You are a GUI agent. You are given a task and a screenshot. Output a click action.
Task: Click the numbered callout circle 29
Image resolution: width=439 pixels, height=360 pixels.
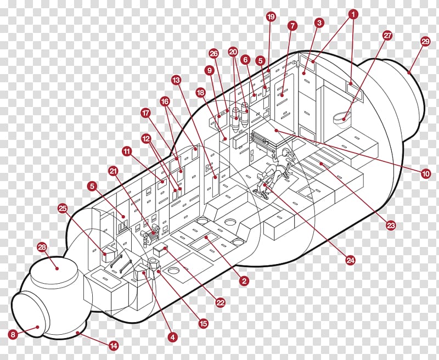click(425, 42)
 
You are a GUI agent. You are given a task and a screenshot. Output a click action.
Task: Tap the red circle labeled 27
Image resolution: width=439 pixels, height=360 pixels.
click(388, 36)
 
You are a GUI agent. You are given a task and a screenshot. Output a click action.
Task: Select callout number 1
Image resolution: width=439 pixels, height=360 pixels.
click(353, 14)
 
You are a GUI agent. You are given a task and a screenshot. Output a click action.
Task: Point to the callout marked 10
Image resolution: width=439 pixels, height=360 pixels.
click(426, 174)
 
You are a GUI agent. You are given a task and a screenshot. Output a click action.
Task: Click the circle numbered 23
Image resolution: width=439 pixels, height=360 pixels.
click(391, 225)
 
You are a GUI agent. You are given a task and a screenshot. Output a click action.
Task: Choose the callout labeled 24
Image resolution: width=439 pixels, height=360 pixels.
click(351, 261)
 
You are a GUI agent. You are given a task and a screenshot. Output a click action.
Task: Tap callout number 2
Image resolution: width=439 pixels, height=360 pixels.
click(244, 281)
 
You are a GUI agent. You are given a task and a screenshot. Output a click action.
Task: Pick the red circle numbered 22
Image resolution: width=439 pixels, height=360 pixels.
click(221, 302)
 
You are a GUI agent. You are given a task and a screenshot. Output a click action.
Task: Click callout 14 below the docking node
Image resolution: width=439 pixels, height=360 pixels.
click(114, 346)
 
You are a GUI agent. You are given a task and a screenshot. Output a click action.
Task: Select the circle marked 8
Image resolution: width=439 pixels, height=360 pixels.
click(13, 334)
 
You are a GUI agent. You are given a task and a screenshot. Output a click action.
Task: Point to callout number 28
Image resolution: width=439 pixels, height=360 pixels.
click(42, 247)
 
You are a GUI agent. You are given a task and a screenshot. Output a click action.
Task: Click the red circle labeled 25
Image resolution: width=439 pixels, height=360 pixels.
click(63, 209)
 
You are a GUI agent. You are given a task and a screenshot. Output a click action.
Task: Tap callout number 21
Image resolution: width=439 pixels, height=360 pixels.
click(114, 171)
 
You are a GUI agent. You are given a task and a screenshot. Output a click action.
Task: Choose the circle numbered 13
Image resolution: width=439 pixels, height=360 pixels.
click(176, 80)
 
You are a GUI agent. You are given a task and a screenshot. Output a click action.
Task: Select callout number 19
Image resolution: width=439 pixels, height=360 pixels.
click(271, 17)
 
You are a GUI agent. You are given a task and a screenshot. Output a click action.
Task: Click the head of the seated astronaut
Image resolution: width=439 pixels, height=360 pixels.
click(285, 151)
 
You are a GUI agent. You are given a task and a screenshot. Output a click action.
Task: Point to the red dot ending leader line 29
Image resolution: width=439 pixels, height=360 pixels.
click(409, 73)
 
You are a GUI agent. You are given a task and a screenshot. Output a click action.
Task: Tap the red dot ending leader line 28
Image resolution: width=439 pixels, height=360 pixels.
click(57, 268)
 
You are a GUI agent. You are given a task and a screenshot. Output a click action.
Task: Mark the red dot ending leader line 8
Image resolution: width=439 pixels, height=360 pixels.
click(37, 327)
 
